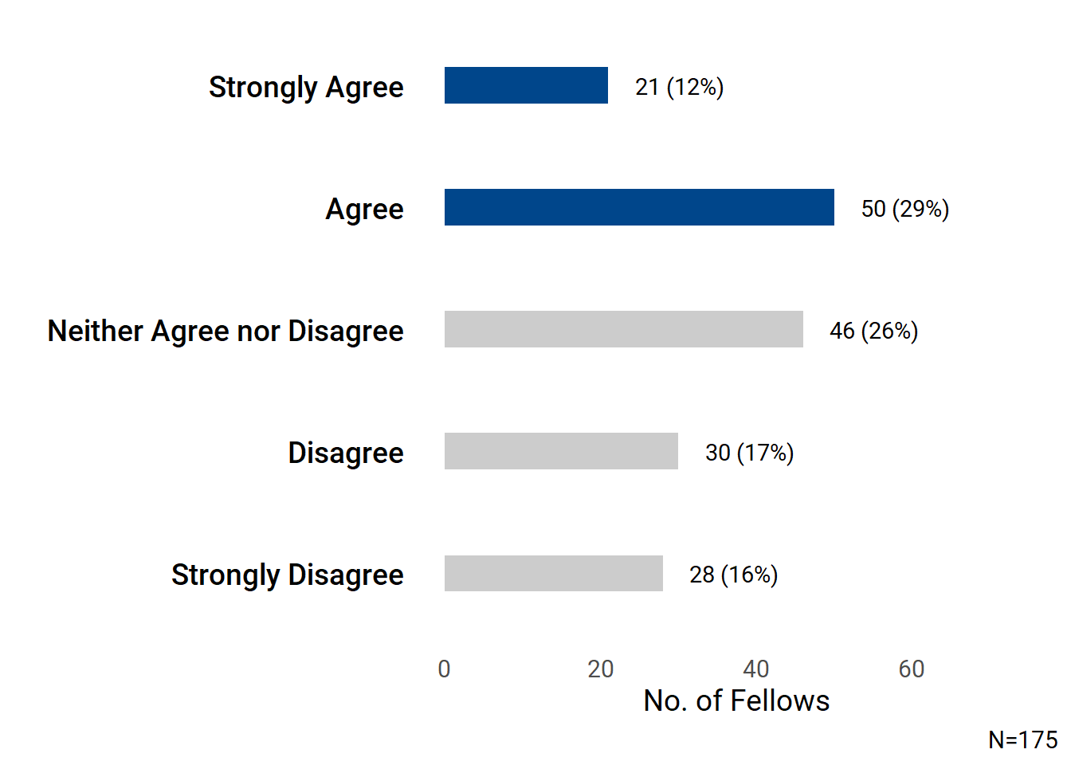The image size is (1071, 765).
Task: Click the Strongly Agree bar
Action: (526, 85)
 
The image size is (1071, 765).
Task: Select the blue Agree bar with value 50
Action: (639, 207)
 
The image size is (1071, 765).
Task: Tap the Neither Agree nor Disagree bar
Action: (623, 329)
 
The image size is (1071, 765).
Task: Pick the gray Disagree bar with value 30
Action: (561, 451)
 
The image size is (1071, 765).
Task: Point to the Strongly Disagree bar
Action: (553, 573)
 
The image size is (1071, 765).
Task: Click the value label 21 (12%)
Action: (679, 87)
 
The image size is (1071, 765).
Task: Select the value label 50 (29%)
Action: (905, 209)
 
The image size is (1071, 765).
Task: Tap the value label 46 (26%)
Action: (873, 331)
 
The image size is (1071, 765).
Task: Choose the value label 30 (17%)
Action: (749, 453)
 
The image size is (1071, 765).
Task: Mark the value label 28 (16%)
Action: (733, 575)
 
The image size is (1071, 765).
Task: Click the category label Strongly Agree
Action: (306, 87)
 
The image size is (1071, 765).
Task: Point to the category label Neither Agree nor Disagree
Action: (226, 331)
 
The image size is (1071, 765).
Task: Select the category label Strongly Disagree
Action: (287, 575)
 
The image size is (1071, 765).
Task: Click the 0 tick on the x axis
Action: (444, 669)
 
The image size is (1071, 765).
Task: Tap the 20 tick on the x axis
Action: (600, 669)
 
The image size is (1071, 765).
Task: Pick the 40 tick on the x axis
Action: (755, 669)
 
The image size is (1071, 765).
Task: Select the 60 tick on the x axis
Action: (911, 669)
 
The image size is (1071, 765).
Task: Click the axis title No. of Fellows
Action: (736, 700)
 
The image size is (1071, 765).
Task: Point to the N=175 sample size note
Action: (1022, 739)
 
